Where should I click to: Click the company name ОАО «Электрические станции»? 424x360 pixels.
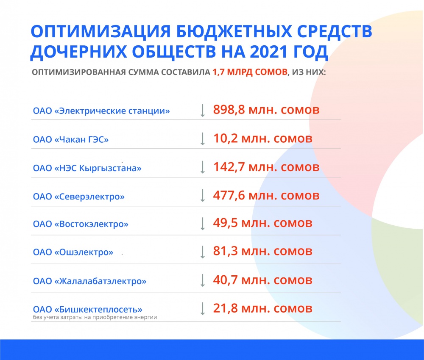101,111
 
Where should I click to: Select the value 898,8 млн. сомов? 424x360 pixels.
266,110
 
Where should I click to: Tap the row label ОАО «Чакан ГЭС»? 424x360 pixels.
71,139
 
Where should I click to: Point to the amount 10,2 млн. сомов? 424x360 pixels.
263,138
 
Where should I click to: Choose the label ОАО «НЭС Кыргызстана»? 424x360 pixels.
87,168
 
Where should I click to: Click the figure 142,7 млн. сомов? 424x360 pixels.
266,167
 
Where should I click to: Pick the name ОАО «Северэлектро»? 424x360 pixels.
79,197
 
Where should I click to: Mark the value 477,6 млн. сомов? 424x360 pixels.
266,195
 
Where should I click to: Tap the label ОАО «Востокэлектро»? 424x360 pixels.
81,224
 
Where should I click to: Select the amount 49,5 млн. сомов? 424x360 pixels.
263,223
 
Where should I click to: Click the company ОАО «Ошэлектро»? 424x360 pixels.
73,252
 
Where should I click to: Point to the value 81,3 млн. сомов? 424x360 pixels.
263,251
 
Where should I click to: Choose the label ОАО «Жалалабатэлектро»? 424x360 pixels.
89,281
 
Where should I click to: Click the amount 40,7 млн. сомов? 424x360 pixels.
263,280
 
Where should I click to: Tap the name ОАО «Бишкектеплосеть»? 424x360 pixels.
88,309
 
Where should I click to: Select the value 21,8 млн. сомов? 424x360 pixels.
263,308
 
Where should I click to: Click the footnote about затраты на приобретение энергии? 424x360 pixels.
95,317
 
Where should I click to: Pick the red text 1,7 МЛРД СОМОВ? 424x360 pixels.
250,72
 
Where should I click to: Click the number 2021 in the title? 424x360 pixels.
268,52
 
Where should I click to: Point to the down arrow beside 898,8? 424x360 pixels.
203,111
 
